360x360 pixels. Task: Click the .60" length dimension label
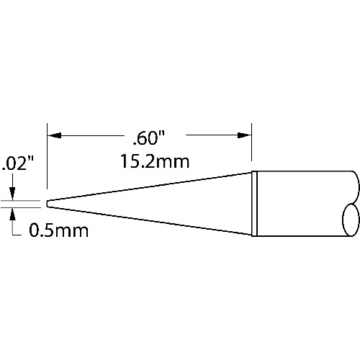tap(149, 139)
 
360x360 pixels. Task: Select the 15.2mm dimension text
tap(155, 161)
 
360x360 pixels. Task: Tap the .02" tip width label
tap(17, 163)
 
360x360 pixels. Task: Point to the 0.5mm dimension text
tap(59, 230)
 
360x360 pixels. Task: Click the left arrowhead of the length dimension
tap(54, 135)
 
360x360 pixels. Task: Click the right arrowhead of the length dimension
tap(244, 135)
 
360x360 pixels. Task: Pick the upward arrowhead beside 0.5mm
tap(13, 214)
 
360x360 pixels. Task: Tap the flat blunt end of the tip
tap(48, 204)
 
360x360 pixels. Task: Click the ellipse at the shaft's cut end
tap(351, 220)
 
